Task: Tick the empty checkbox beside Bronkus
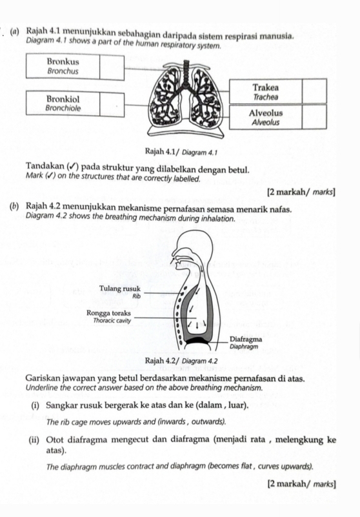coord(112,66)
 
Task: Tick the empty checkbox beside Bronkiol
coord(112,103)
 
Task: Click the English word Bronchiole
coord(63,108)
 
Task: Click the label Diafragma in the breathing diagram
coord(246,338)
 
